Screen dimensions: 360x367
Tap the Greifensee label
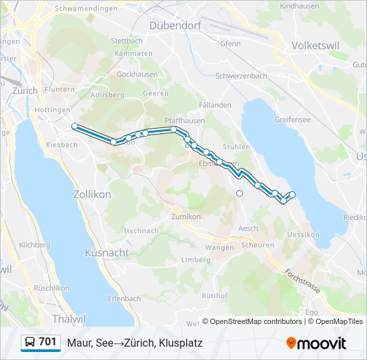click(292, 120)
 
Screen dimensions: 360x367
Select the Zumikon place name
click(186, 217)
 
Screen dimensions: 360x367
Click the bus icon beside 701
click(30, 343)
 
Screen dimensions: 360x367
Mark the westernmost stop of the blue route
click(75, 126)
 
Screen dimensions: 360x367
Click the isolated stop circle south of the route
click(240, 193)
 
